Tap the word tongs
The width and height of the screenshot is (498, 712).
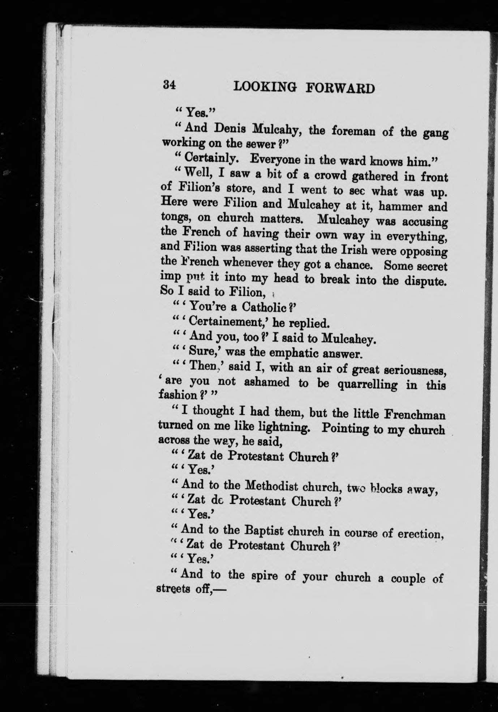pos(173,217)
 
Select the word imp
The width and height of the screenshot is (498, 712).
pos(169,278)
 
